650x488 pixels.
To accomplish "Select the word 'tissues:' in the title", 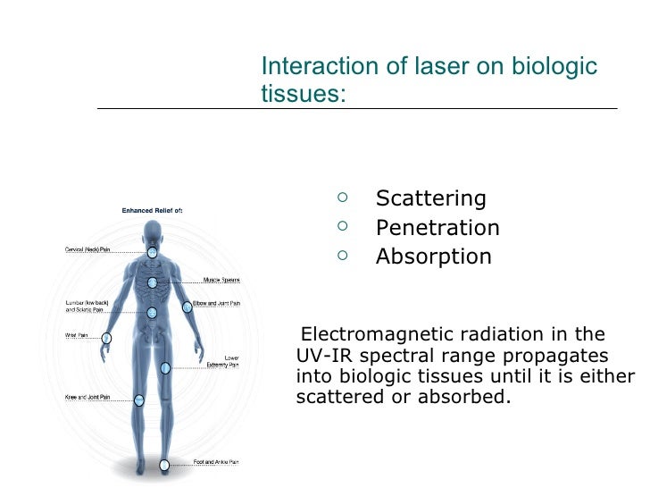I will click(303, 94).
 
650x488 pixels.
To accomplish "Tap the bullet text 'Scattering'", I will click(430, 198).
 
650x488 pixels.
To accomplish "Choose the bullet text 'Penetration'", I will click(437, 228).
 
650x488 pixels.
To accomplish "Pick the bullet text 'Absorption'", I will click(433, 257).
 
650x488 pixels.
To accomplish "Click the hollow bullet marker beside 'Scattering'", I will click(345, 197).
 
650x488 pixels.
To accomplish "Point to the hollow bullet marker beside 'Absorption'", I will click(345, 256).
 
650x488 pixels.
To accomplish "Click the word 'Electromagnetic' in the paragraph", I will click(377, 335).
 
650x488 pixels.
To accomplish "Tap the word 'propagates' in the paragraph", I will click(555, 356).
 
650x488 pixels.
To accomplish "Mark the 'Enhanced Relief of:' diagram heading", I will click(152, 211).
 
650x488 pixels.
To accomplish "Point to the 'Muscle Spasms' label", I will click(221, 280).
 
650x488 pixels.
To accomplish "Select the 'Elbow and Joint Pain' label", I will click(217, 303).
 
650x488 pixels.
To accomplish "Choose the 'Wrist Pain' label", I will click(76, 335).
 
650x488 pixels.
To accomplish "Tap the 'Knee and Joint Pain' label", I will click(87, 396).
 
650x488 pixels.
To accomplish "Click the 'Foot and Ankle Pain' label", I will click(216, 462).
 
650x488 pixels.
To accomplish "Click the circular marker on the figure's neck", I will click(152, 252).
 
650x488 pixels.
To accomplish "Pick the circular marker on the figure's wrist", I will click(106, 338).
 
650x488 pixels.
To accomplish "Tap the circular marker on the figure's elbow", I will click(187, 307).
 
